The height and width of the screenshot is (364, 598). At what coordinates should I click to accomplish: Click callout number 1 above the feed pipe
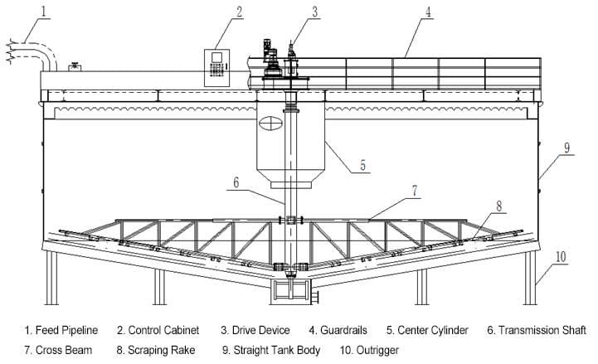click(44, 11)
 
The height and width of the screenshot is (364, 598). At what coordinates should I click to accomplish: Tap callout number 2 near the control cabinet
click(239, 12)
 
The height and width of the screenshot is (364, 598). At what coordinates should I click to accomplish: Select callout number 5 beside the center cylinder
click(362, 166)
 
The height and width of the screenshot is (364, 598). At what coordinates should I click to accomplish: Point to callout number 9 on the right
click(567, 148)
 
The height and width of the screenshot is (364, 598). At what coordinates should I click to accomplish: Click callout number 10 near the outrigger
click(561, 256)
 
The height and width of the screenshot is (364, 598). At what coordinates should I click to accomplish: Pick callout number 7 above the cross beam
click(415, 191)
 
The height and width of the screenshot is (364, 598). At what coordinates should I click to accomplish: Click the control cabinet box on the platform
click(216, 68)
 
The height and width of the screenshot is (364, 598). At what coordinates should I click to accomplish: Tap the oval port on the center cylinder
click(270, 124)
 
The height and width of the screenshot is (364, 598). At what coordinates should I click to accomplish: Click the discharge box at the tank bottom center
click(290, 292)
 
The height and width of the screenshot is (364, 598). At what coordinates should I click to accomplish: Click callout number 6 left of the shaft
click(236, 182)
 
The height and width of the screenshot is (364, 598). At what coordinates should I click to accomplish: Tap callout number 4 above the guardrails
click(429, 12)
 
